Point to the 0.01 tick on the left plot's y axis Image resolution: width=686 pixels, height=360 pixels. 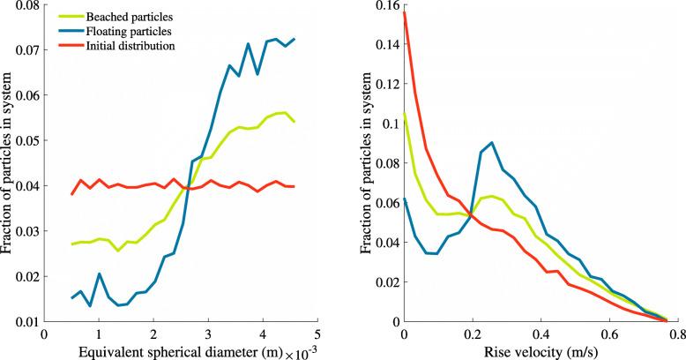(26, 322)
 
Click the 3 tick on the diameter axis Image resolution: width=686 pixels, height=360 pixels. (208, 336)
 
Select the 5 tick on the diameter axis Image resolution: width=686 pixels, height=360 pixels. (317, 336)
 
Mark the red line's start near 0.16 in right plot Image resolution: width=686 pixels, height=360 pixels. (404, 11)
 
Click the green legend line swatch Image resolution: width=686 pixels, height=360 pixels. (69, 16)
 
